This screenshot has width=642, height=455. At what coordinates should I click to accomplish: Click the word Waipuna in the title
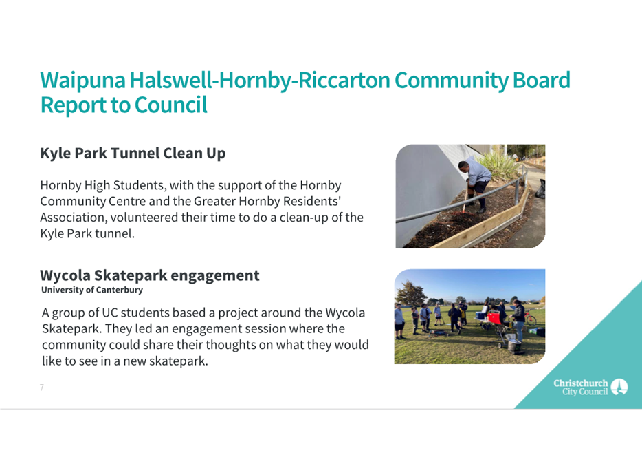82,81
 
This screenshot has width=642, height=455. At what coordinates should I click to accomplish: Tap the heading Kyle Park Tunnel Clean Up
133,154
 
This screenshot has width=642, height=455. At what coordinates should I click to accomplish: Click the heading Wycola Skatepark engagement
149,276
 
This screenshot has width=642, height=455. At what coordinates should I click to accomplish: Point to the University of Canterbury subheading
92,290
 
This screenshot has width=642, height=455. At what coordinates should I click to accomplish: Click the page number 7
42,388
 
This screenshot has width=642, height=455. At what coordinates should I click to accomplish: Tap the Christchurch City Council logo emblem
619,387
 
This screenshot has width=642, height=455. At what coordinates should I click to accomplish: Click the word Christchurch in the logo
581,383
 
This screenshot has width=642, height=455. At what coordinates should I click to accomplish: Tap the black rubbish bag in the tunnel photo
541,189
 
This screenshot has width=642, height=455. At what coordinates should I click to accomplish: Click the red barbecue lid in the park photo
494,317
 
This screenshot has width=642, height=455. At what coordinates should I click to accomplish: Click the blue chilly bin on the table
480,316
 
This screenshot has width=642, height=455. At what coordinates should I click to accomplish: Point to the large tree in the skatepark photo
410,293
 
